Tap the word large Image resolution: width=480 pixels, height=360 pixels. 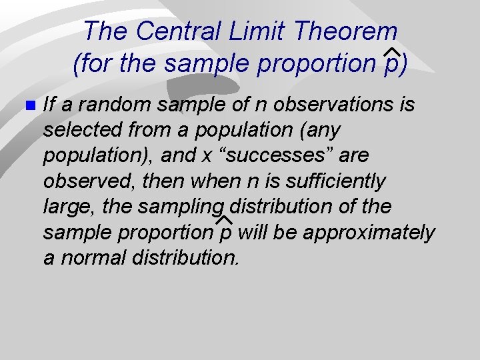coord(71,207)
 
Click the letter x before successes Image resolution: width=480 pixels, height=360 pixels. coord(207,155)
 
